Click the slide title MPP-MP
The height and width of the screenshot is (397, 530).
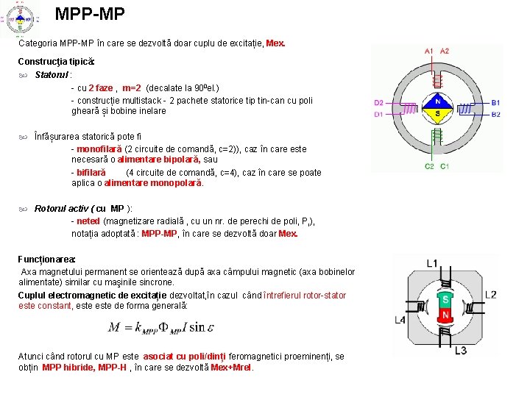pos(90,13)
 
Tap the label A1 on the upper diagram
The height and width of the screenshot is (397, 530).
pos(429,51)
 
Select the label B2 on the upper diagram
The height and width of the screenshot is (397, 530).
pos(496,115)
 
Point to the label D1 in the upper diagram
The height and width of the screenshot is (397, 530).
pos(378,115)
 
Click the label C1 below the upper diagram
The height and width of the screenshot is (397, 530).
pos(445,167)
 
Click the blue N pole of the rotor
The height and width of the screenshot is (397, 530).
pos(437,102)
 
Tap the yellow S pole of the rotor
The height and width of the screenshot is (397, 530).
pos(437,114)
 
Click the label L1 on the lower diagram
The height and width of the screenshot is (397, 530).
pos(431,263)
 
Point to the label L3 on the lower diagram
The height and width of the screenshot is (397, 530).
pos(460,350)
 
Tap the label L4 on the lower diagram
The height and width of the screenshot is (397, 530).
pos(400,320)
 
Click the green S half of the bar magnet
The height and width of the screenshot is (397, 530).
pos(445,299)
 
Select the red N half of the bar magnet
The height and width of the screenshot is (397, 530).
pos(445,315)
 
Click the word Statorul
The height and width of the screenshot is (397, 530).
pos(52,74)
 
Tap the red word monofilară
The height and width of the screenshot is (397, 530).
pos(99,149)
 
